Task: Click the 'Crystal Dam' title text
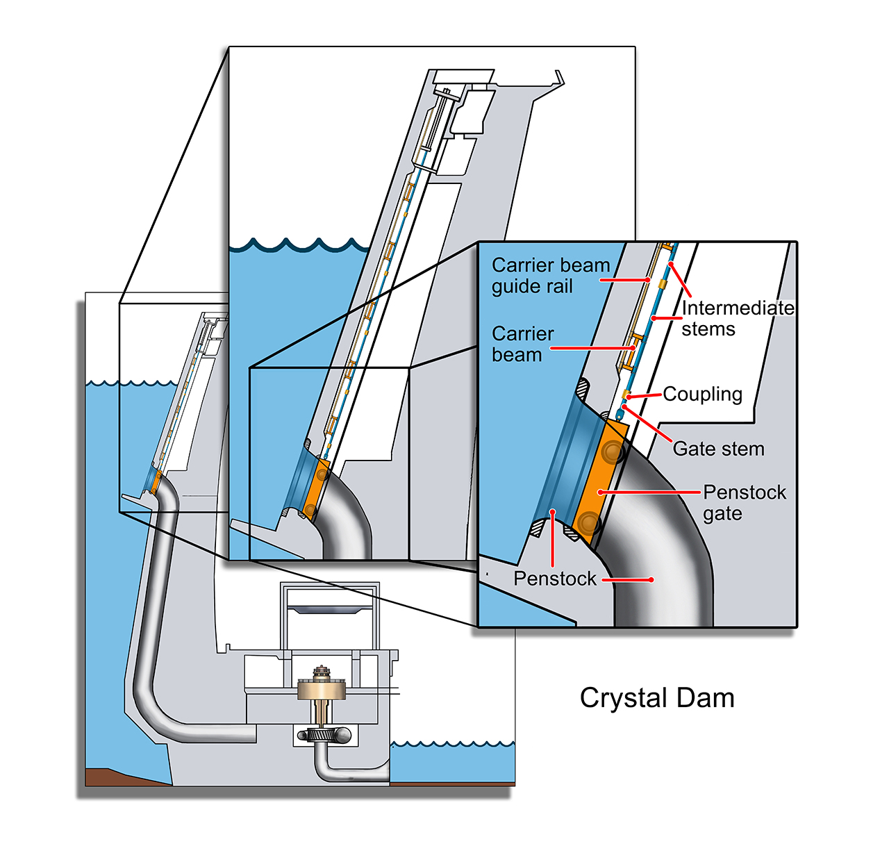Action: click(656, 699)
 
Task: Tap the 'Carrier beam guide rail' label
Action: click(550, 276)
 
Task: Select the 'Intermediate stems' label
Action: click(737, 318)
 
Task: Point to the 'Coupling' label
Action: click(702, 394)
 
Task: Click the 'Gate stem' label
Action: click(718, 449)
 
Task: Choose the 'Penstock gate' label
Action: click(744, 503)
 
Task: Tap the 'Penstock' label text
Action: click(555, 579)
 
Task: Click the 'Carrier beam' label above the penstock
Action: click(522, 344)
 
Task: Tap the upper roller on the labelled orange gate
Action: click(613, 451)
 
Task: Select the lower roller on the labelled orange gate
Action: click(588, 522)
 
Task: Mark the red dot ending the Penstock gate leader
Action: click(600, 492)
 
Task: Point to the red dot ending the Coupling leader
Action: click(629, 397)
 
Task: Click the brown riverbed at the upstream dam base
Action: click(124, 777)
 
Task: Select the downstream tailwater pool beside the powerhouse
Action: click(452, 763)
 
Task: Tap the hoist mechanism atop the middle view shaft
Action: click(441, 119)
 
